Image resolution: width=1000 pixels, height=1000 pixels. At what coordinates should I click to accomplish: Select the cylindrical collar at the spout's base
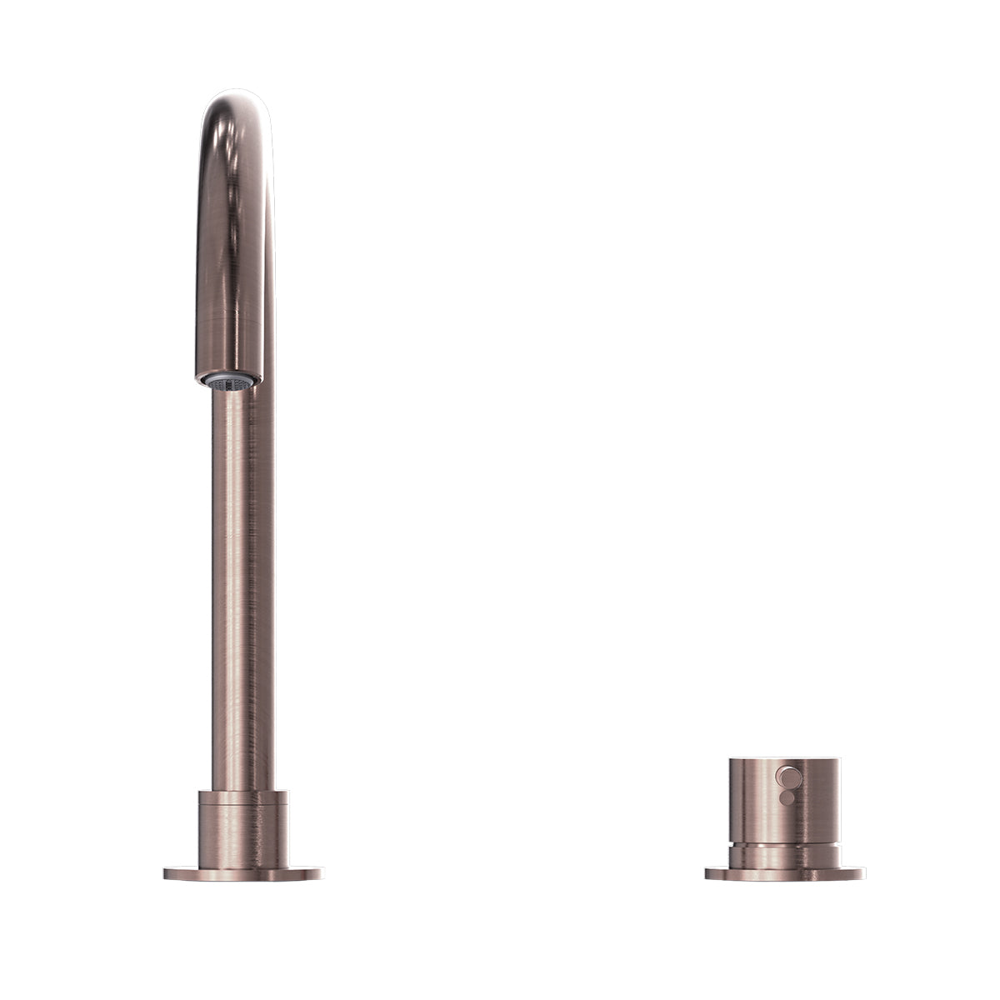click(x=242, y=829)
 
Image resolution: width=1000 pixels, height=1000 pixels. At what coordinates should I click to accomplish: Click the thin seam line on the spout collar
click(x=242, y=804)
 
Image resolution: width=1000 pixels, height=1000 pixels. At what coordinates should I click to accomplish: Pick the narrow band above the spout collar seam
click(x=242, y=797)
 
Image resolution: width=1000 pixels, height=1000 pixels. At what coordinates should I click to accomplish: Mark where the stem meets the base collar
click(x=242, y=790)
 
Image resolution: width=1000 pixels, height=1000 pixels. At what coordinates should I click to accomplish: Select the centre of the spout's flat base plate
click(x=242, y=874)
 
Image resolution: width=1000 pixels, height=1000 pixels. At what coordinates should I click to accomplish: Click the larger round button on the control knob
click(x=785, y=777)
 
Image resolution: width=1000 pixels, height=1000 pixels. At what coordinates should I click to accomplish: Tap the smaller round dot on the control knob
click(x=784, y=798)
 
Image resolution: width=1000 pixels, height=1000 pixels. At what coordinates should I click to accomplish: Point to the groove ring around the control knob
click(x=784, y=843)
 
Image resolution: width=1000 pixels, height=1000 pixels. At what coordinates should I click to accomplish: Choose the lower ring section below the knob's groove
click(x=784, y=856)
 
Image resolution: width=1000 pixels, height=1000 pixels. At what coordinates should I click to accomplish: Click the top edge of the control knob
click(x=784, y=760)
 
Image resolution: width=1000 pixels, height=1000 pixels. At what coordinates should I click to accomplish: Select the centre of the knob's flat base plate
click(x=784, y=874)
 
